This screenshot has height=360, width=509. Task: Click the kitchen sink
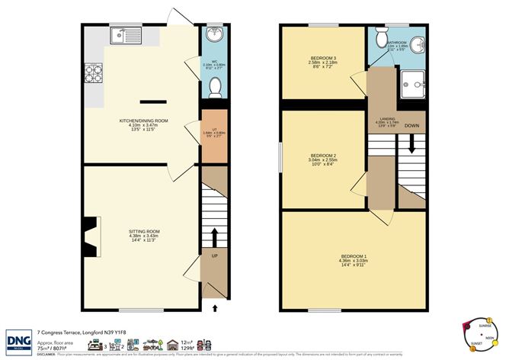[122, 35]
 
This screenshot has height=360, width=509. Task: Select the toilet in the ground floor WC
[213, 88]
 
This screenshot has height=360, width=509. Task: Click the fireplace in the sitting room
[91, 236]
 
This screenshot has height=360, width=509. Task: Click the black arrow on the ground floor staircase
[214, 235]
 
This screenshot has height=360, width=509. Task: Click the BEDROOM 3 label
[320, 57]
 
